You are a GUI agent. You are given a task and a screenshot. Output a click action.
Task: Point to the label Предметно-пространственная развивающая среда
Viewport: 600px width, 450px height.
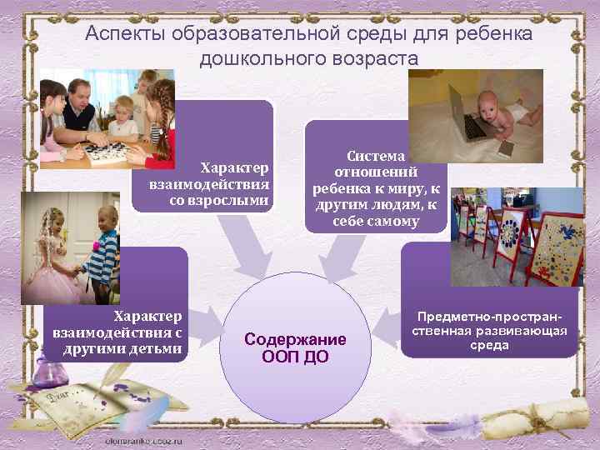click(x=488, y=331)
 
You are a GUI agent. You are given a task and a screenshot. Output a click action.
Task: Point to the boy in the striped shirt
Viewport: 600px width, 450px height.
click(x=101, y=253)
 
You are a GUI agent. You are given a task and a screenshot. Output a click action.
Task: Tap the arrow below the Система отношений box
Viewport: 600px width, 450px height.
click(x=340, y=255)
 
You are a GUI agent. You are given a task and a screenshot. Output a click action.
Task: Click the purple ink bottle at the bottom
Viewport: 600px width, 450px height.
click(x=41, y=392)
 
